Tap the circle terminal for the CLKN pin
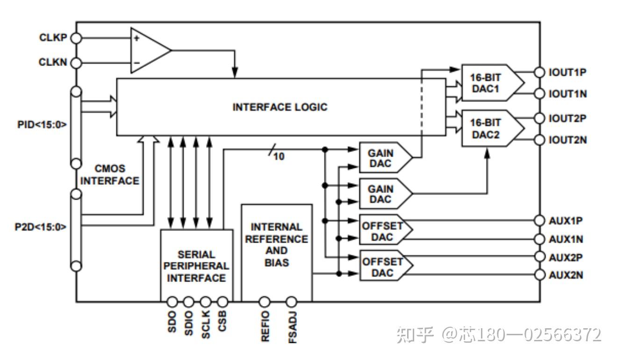[76, 63]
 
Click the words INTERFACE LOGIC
[280, 107]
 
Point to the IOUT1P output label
[567, 72]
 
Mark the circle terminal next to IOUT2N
[540, 139]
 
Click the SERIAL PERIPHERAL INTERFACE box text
[196, 266]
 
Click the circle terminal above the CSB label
[223, 302]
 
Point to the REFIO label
[265, 326]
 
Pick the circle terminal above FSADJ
[292, 302]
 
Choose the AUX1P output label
[566, 220]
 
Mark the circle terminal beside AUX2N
[540, 274]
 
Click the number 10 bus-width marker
[279, 157]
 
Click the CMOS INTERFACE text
[110, 174]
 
